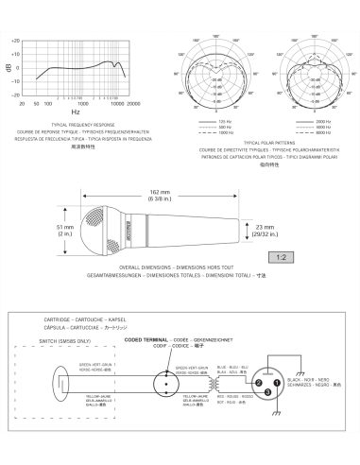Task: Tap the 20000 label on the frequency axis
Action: (132, 104)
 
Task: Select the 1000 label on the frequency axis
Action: (82, 104)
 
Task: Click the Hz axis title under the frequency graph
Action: (76, 112)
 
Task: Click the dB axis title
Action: (9, 68)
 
